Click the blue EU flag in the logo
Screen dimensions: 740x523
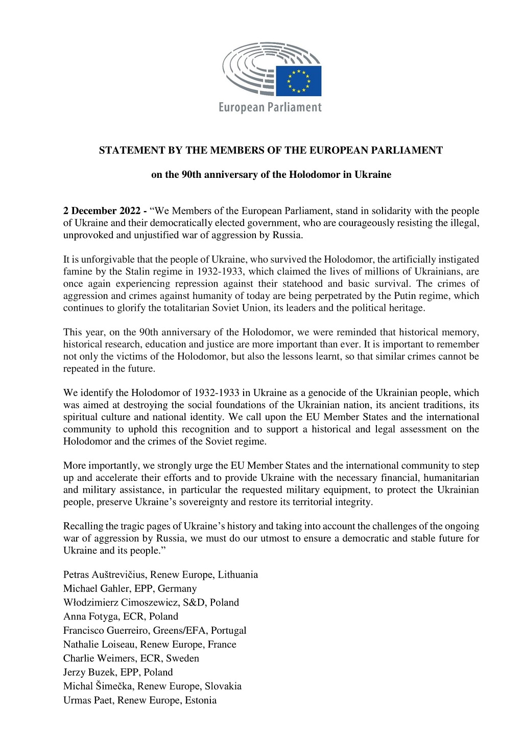tap(298, 81)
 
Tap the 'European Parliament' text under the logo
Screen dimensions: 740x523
tap(270, 107)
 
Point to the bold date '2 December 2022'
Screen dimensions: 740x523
tap(102, 211)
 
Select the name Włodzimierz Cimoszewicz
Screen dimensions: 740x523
tap(118, 603)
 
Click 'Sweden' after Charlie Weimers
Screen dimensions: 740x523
tap(182, 658)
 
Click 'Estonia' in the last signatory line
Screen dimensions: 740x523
tap(201, 700)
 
